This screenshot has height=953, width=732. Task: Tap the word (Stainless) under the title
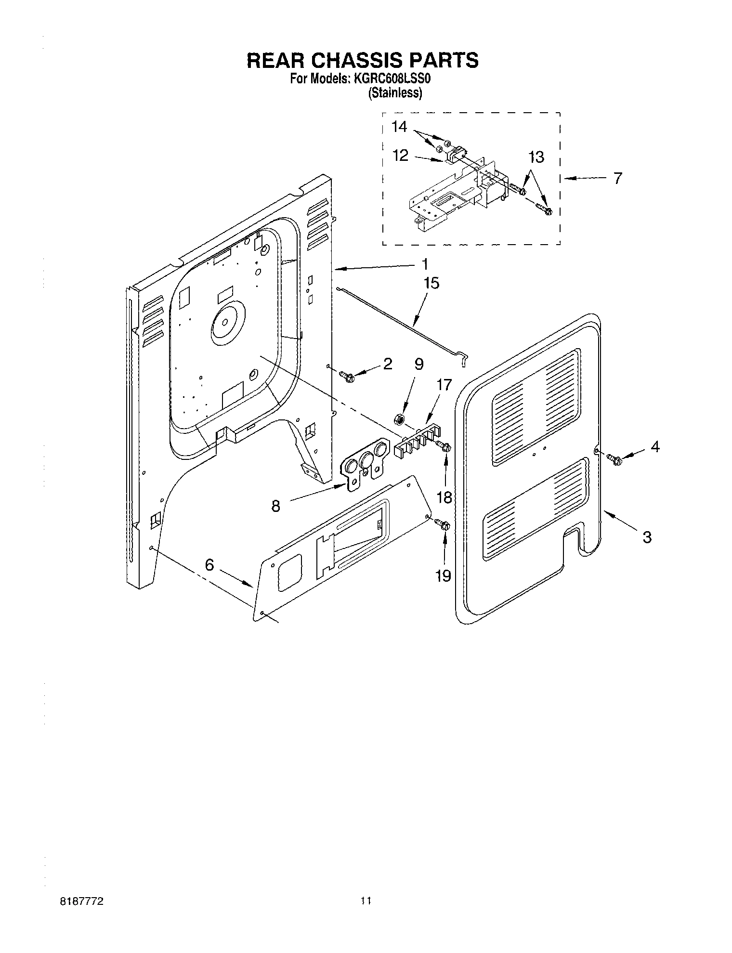[395, 93]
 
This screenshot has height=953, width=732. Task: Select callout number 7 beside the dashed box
[617, 178]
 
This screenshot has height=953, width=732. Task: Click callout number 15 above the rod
[431, 283]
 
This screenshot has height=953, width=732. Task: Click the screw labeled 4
[614, 459]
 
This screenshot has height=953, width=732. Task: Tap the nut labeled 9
[399, 419]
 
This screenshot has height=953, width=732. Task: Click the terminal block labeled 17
[418, 439]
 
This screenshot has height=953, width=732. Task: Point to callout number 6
[209, 564]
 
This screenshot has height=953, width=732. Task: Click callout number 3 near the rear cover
[647, 536]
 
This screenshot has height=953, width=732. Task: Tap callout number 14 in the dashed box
[399, 127]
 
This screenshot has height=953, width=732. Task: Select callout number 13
[536, 157]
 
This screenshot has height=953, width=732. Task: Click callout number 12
[400, 155]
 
